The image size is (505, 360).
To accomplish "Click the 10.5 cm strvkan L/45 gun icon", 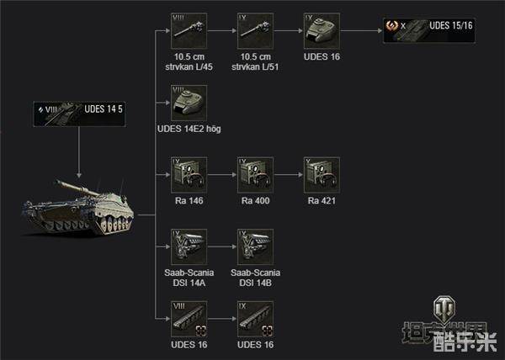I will point(189,32).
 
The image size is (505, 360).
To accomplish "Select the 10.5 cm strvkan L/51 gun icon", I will point(255,32).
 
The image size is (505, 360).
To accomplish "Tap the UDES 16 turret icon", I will point(322,32).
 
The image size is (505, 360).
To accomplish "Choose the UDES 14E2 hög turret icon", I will point(189,103).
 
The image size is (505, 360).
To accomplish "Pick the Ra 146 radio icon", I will point(189,175).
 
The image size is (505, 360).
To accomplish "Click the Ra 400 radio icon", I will point(255,175).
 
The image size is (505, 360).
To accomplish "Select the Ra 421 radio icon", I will point(322,175).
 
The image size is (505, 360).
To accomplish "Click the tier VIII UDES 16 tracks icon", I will point(189,318).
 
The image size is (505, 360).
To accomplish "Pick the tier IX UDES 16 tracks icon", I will point(255,318).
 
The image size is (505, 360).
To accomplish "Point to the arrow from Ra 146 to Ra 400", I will point(221,175).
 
